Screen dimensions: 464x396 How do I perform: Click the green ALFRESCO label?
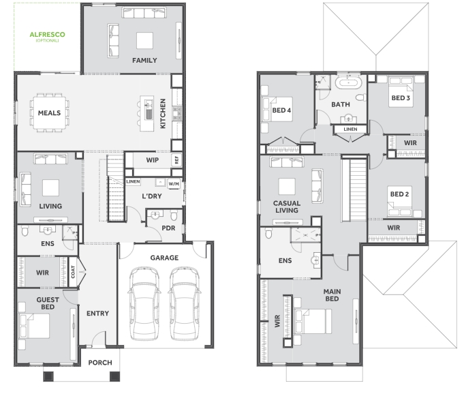click(x=47, y=35)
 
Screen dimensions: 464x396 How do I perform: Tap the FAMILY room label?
click(x=144, y=61)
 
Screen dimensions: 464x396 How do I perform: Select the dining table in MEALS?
click(x=50, y=112)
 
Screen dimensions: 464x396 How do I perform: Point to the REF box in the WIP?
click(x=176, y=159)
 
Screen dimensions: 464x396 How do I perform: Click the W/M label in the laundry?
click(x=174, y=184)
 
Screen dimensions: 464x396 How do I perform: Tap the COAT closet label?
click(x=73, y=272)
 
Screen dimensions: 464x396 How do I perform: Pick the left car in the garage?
click(x=144, y=303)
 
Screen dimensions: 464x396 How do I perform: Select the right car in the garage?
click(x=184, y=303)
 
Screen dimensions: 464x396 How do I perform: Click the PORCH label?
click(x=100, y=363)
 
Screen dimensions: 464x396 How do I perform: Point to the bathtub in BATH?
click(x=349, y=81)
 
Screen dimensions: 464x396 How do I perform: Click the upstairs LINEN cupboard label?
click(x=350, y=130)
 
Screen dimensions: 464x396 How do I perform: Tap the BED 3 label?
click(x=401, y=98)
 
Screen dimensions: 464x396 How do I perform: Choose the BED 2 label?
click(x=399, y=194)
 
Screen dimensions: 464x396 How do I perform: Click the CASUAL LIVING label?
click(x=287, y=207)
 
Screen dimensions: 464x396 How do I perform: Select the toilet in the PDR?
click(x=174, y=215)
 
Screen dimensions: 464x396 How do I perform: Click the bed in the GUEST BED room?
click(x=34, y=326)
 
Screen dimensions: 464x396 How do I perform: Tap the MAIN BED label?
click(x=332, y=295)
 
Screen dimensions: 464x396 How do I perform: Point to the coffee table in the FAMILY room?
click(x=144, y=40)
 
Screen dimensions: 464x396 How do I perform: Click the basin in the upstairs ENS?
click(x=315, y=260)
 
